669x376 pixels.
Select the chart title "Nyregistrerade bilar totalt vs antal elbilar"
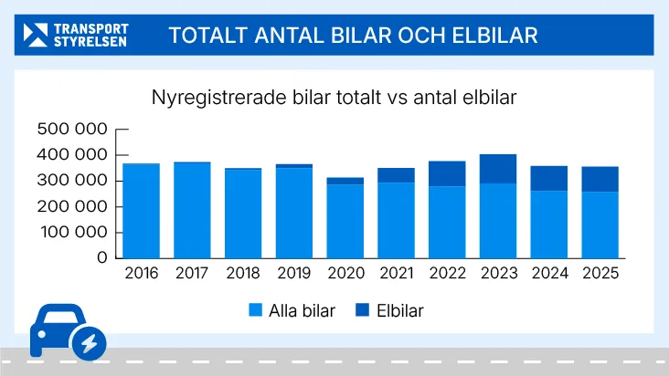click(334, 97)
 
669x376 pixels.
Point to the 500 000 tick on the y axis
click(71, 129)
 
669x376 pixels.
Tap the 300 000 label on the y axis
click(71, 181)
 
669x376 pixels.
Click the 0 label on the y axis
click(102, 258)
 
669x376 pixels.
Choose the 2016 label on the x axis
click(141, 274)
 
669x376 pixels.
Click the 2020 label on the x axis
click(345, 274)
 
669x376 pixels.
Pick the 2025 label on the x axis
click(600, 274)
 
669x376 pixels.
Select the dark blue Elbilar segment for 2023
click(498, 169)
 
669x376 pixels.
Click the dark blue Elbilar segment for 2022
click(447, 173)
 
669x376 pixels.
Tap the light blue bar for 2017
click(192, 210)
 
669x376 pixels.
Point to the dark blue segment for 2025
click(600, 179)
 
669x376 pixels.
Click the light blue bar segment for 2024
click(549, 225)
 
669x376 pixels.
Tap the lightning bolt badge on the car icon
click(89, 342)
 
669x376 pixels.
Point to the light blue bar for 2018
click(243, 214)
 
